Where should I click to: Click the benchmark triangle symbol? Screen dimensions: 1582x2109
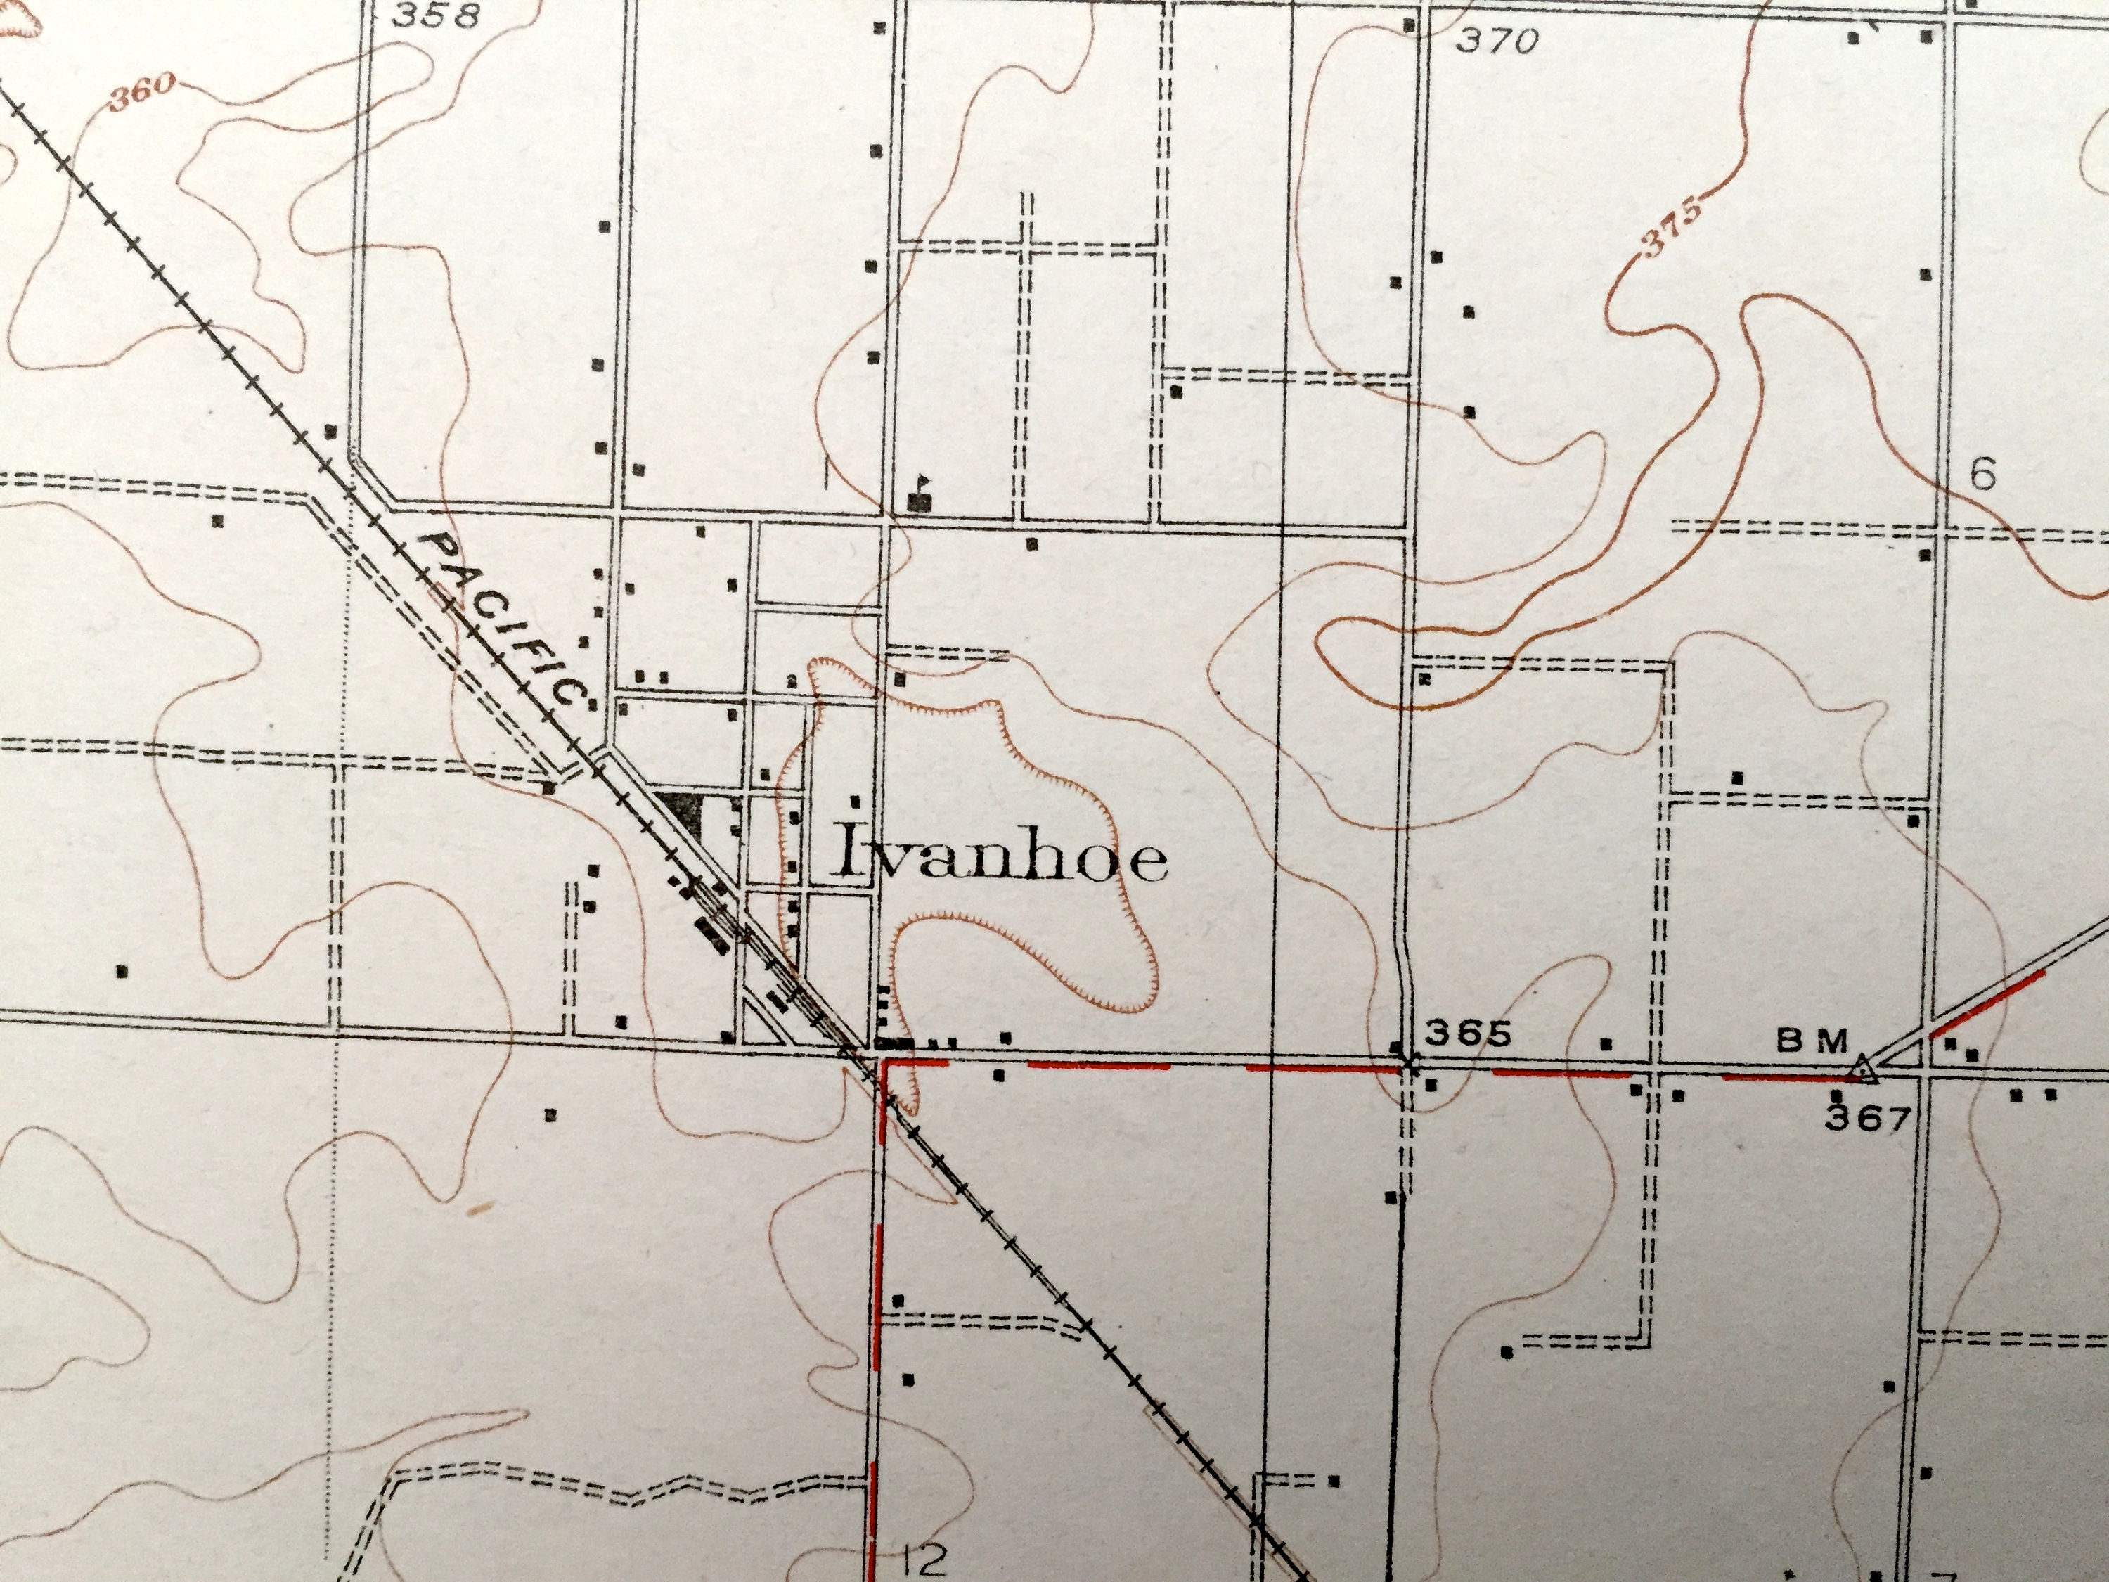[1864, 1073]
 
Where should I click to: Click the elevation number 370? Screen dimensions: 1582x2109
[1499, 41]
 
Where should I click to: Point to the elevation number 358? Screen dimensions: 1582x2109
[436, 15]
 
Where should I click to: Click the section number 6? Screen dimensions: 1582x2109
[1982, 475]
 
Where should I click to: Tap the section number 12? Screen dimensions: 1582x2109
[923, 1561]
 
